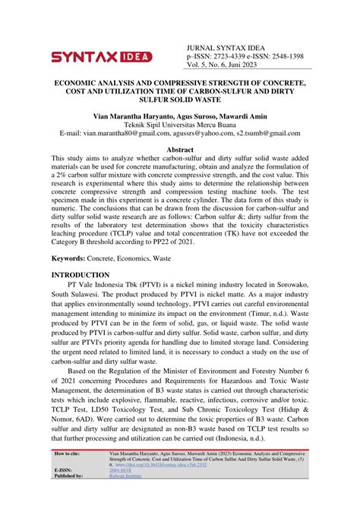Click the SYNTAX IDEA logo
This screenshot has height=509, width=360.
(x=101, y=56)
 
